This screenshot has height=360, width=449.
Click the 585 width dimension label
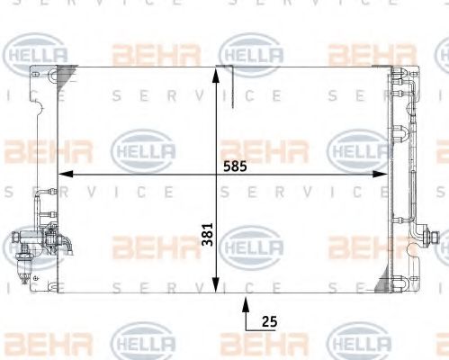[235, 166]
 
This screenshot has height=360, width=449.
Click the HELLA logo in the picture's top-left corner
[36, 55]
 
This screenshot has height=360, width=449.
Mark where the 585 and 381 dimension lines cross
[215, 173]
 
